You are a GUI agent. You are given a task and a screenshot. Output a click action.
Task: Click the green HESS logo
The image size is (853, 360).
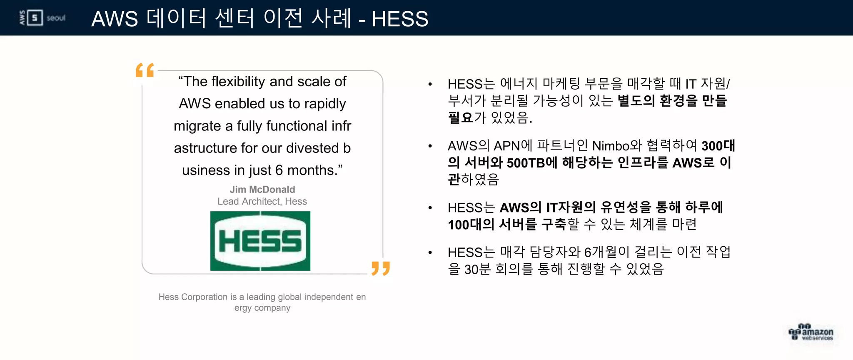pos(260,241)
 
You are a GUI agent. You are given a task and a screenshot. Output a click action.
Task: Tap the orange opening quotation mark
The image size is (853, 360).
pos(145,70)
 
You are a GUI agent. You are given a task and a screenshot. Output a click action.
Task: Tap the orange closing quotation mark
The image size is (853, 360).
pos(381,268)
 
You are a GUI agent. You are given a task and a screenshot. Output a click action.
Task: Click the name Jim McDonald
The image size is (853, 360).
pos(262,190)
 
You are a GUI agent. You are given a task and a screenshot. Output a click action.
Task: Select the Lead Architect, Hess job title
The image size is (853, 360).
pos(262,202)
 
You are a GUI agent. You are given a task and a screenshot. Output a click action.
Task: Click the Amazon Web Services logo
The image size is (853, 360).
pos(811,332)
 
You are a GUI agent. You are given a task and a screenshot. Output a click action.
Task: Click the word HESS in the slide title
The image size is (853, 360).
pos(400,19)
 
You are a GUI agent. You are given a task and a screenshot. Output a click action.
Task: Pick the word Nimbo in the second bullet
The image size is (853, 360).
pos(611,146)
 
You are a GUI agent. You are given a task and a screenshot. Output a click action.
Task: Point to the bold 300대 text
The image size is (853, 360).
pos(718,146)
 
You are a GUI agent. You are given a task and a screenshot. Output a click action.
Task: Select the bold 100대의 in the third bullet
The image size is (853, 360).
pos(471,225)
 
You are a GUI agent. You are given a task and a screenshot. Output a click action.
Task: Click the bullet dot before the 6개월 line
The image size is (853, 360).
pos(430,252)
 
